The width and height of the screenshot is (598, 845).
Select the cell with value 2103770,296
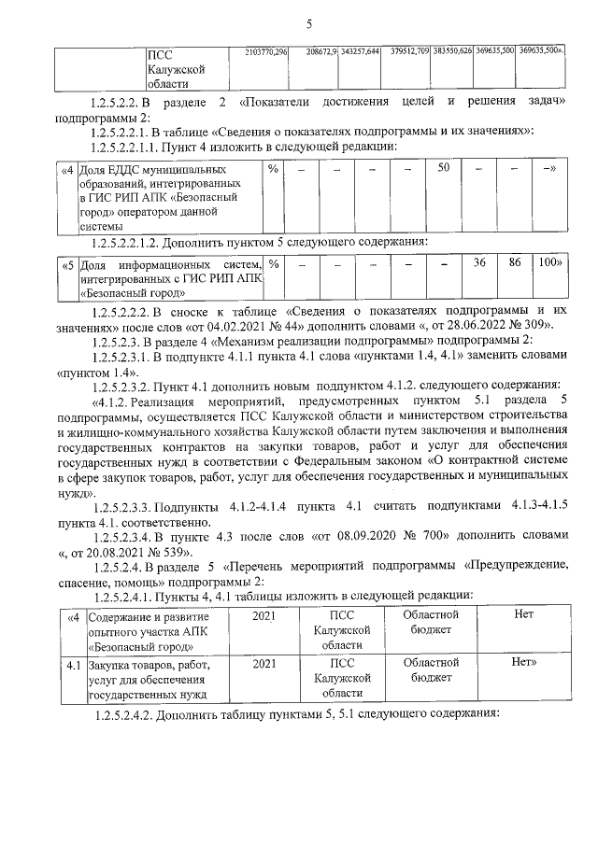(265, 49)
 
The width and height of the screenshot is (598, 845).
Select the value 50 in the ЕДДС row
(445, 168)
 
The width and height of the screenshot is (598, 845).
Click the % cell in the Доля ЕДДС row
(273, 169)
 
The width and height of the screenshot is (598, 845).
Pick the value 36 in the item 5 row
(480, 264)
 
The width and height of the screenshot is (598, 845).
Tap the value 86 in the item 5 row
(514, 264)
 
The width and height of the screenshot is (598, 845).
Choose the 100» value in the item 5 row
(548, 264)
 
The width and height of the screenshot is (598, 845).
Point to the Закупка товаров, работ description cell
(149, 679)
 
